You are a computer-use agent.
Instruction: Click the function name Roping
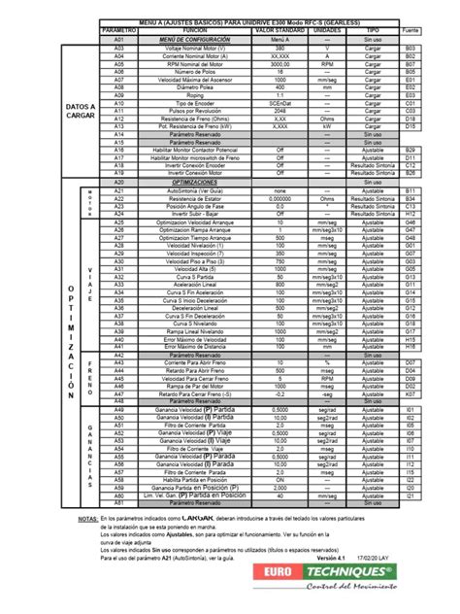coord(195,94)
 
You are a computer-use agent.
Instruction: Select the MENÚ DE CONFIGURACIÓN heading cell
coord(195,39)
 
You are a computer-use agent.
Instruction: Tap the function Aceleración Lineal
coord(195,286)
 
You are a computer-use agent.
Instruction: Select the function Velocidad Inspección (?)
coord(195,254)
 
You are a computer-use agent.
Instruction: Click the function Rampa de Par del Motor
coord(195,386)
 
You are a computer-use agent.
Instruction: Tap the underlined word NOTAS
coord(86,519)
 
